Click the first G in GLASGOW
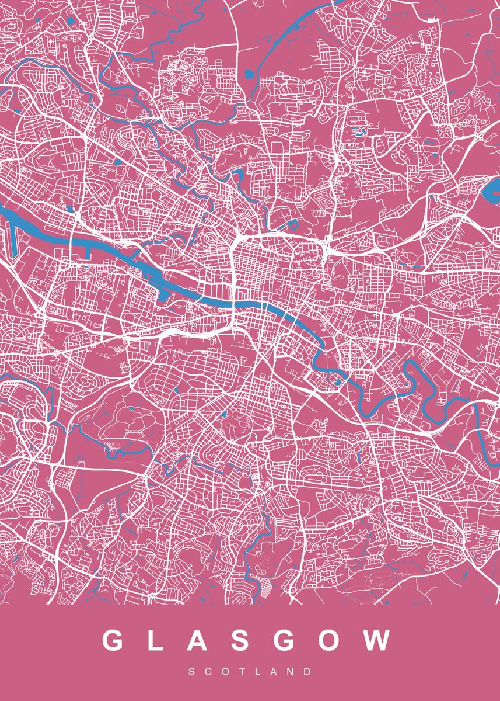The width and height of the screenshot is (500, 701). [x=114, y=640]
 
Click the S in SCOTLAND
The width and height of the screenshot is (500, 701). [x=192, y=672]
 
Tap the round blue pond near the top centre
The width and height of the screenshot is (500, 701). [x=250, y=74]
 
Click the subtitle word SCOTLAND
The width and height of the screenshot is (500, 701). [x=250, y=672]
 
